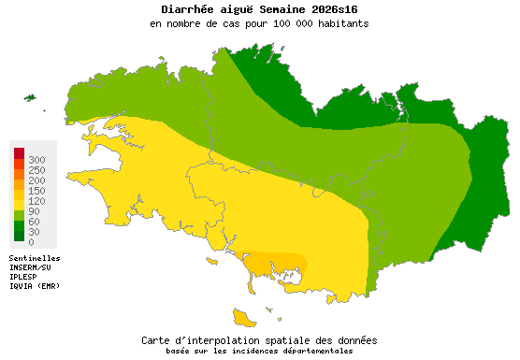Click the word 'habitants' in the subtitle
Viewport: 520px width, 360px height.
(340, 23)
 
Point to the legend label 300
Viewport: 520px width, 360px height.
(36, 161)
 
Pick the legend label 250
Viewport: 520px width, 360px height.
(36, 170)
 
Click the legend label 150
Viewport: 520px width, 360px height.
(36, 191)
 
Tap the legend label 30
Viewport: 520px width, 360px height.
(34, 232)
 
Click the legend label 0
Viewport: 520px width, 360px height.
(31, 242)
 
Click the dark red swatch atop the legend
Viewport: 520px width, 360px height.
(19, 152)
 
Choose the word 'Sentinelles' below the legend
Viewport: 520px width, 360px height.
(35, 258)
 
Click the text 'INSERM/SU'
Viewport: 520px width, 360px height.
(30, 267)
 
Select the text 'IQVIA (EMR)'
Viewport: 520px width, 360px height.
(35, 286)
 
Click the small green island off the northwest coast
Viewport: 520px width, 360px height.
(29, 97)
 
